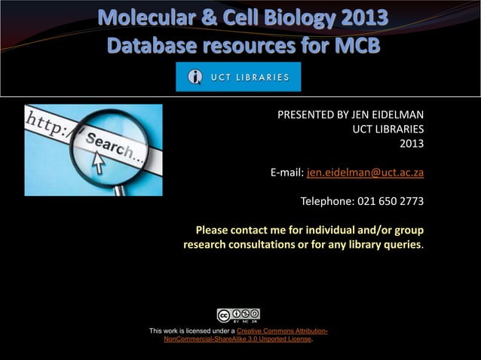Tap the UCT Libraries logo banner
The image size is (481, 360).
[238, 77]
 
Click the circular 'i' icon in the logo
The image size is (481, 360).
[195, 77]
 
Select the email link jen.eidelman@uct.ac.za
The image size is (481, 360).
[365, 172]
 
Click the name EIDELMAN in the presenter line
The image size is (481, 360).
[396, 115]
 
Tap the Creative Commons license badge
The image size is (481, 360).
[238, 316]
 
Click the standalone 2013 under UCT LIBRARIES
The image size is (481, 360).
[411, 143]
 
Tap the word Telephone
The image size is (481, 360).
[328, 201]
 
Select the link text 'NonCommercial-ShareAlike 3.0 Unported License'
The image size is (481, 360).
[237, 340]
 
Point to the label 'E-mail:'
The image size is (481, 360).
[287, 172]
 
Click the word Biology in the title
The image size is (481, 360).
[284, 18]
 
